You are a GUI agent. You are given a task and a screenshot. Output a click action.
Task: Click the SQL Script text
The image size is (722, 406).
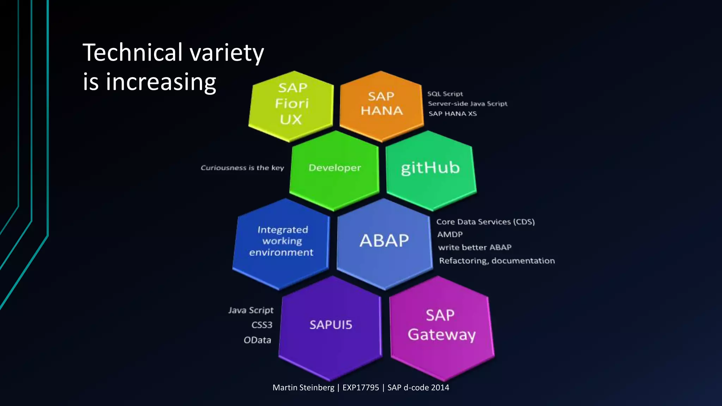(x=445, y=94)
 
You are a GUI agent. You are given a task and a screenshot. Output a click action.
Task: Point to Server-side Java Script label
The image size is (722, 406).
(x=467, y=104)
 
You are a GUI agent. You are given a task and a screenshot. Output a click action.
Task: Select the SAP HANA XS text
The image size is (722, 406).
(x=453, y=114)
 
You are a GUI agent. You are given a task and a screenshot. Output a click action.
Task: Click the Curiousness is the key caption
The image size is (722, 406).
(x=242, y=168)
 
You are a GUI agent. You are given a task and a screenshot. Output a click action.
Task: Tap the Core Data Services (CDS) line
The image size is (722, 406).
(x=485, y=222)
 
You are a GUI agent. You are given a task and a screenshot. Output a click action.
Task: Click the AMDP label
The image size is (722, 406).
(x=450, y=234)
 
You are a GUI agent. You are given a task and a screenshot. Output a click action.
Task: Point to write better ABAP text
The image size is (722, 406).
(x=475, y=247)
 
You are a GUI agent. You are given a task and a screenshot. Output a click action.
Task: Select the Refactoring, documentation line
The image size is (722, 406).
(x=497, y=261)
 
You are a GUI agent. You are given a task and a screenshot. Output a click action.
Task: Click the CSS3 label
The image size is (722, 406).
(x=262, y=325)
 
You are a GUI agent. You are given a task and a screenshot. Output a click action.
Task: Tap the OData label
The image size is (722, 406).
(x=257, y=340)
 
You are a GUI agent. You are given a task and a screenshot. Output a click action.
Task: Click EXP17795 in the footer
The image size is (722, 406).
(x=361, y=388)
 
